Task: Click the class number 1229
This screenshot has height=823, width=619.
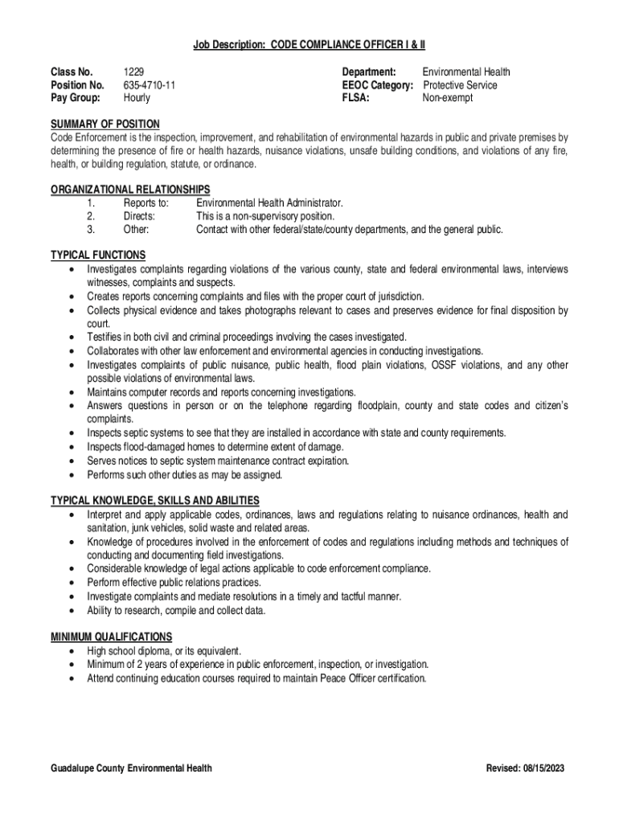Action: (133, 72)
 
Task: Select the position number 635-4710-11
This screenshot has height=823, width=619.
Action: (150, 85)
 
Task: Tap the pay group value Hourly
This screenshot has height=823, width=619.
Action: (137, 98)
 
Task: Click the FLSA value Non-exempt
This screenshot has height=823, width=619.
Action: (448, 98)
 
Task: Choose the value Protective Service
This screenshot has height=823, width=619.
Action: (461, 85)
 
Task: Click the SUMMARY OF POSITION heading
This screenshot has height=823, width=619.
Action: (105, 124)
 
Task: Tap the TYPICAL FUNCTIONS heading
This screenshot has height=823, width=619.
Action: (98, 256)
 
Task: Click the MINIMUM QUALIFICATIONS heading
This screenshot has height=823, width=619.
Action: (112, 637)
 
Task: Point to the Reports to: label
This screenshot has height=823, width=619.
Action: (146, 203)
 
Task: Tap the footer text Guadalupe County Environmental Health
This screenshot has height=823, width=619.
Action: (132, 768)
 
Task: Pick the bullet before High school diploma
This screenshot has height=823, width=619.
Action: (74, 651)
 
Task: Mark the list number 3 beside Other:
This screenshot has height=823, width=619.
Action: (92, 230)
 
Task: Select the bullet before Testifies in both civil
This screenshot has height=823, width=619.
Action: (74, 338)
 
